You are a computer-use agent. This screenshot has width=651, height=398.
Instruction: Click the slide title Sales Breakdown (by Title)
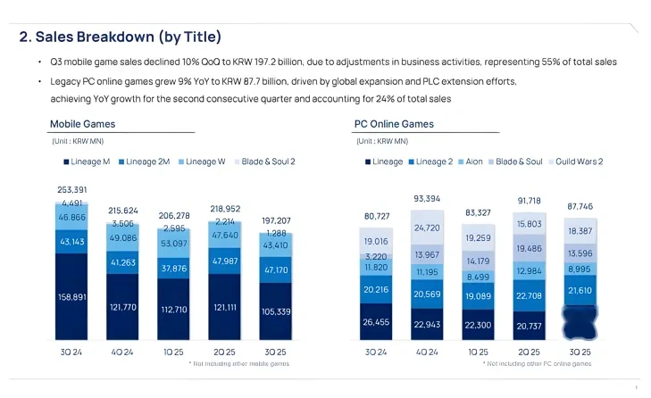tap(121, 37)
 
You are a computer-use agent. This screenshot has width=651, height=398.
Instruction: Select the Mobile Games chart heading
tap(82, 123)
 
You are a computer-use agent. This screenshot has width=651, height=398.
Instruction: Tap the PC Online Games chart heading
tap(396, 123)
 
